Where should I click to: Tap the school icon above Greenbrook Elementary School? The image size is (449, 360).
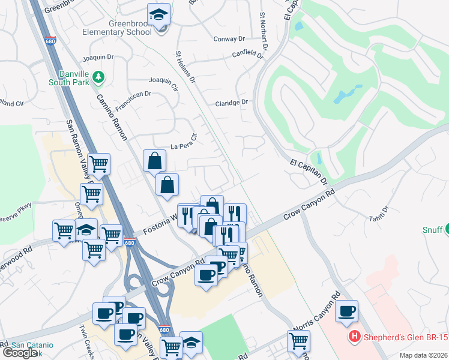159,15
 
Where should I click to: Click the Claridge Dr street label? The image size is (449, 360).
232,103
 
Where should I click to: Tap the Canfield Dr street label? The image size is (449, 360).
248,55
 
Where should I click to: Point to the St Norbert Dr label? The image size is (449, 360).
264,31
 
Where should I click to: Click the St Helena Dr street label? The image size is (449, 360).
185,67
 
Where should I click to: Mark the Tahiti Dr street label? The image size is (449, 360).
380,213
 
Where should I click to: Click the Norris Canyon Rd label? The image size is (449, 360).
321,312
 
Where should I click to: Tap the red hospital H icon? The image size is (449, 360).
355,337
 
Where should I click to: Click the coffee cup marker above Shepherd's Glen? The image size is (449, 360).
346,311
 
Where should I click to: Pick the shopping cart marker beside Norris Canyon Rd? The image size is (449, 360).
298,341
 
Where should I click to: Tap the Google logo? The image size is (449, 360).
20,353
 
